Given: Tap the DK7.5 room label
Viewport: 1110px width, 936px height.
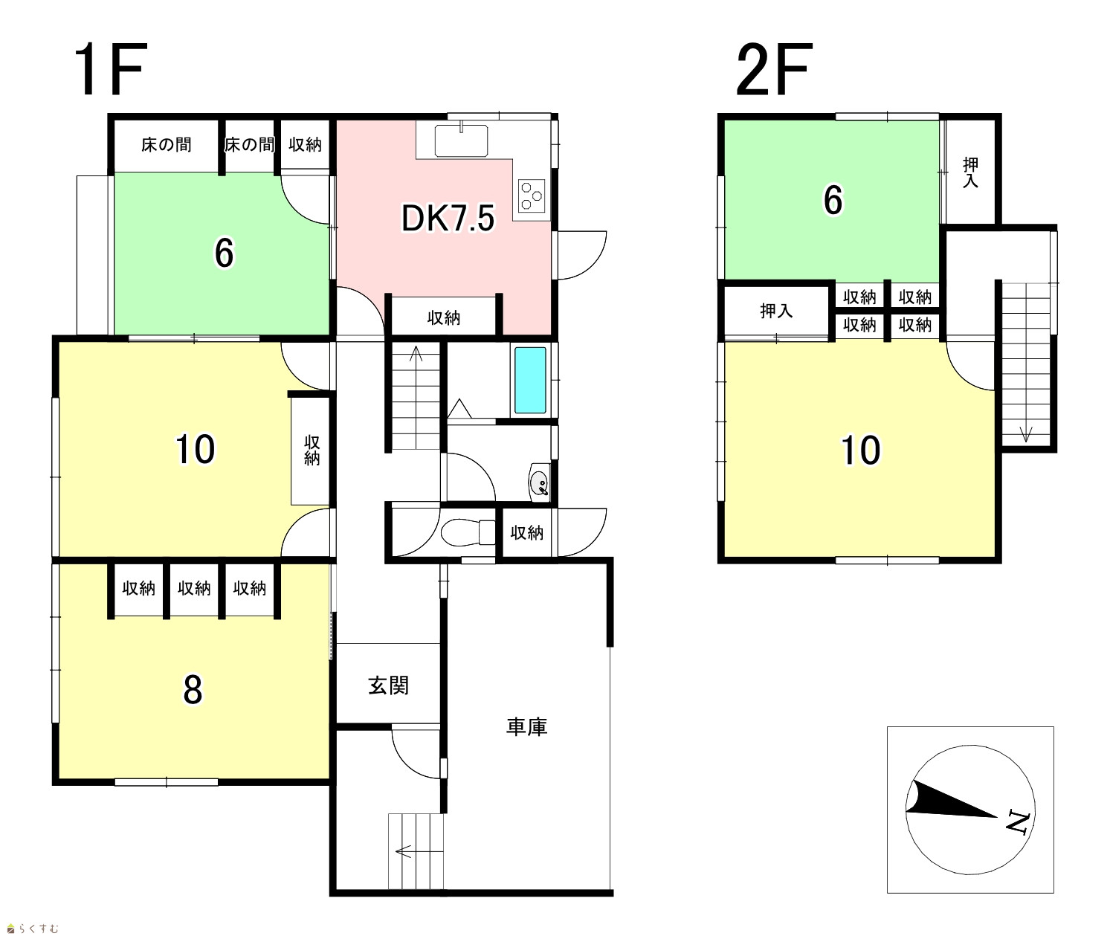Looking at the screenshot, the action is coord(448,218).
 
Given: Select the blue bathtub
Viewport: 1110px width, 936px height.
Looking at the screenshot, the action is coord(530,380).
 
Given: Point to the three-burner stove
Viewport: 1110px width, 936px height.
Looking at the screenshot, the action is coord(532,196).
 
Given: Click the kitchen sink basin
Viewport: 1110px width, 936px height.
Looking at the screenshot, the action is coord(461,141).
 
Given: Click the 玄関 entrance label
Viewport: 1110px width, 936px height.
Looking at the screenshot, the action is coord(388,685).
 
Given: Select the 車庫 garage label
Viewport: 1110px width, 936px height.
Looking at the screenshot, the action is coord(526,726).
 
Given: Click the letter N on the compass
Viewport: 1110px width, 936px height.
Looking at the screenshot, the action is coord(1018,822).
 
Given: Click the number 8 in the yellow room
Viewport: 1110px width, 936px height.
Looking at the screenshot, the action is coord(193,689).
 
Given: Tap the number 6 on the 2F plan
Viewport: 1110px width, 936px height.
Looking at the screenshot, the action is coord(833,200).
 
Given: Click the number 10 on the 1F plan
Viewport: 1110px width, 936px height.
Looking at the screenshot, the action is coord(195,449).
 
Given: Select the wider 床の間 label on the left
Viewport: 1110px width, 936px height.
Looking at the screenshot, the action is coord(166,144).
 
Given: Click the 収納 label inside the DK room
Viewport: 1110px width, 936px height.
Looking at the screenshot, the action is coord(443,318).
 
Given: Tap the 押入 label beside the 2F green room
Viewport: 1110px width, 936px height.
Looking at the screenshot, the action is coord(970,172).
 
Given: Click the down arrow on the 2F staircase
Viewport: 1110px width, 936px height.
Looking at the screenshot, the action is coord(1025,433).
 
